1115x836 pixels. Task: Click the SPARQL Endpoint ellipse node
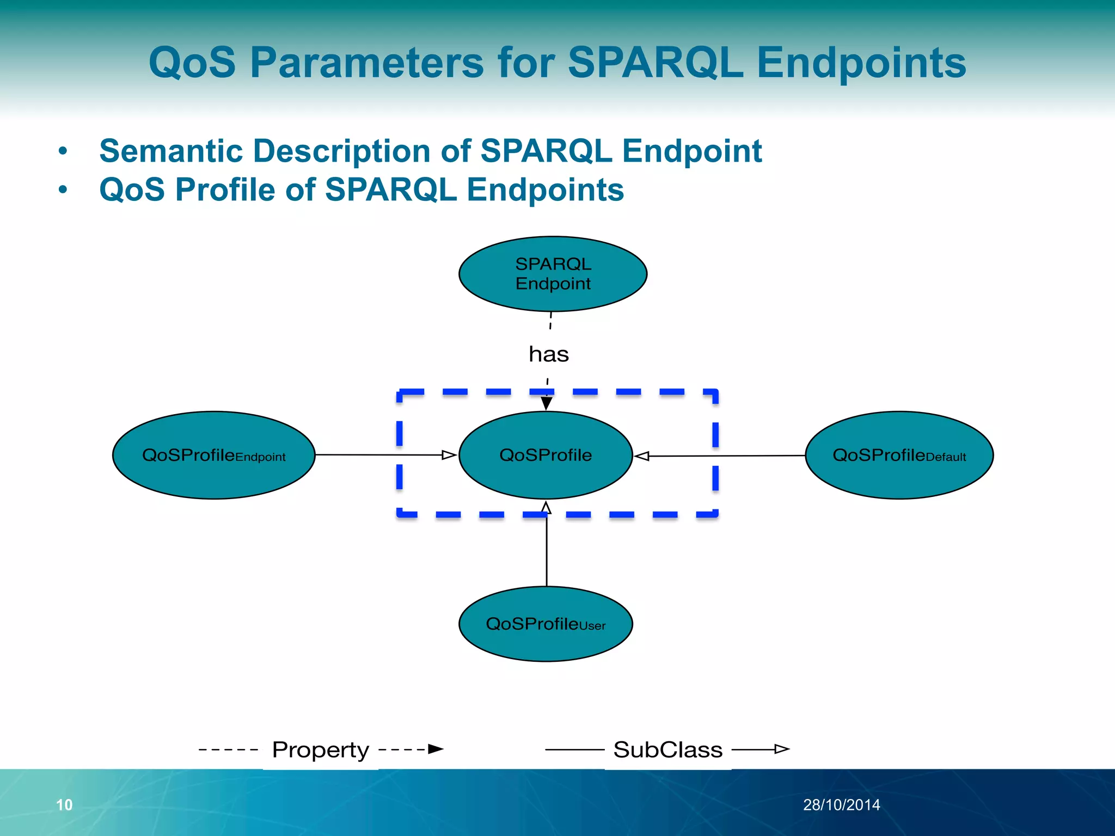click(553, 274)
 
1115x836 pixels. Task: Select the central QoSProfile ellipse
click(546, 455)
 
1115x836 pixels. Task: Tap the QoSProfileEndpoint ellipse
click(213, 455)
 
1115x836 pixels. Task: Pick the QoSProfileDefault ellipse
click(899, 455)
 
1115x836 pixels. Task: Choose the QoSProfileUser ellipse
click(546, 624)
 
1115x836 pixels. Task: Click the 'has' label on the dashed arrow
click(549, 354)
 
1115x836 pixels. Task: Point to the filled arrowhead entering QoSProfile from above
click(547, 403)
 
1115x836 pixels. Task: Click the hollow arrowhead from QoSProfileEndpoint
click(449, 455)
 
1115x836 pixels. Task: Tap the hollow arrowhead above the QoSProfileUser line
click(546, 508)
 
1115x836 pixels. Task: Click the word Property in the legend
click(321, 750)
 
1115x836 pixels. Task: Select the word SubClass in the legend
click(668, 750)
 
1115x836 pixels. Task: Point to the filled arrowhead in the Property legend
click(436, 749)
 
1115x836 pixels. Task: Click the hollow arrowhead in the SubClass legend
click(782, 749)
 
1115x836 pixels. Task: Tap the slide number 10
click(64, 805)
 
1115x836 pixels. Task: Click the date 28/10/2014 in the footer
click(841, 805)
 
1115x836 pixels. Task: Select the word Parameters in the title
click(366, 62)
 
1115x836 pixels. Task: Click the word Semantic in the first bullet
click(171, 151)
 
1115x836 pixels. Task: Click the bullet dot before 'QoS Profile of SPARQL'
click(63, 190)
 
